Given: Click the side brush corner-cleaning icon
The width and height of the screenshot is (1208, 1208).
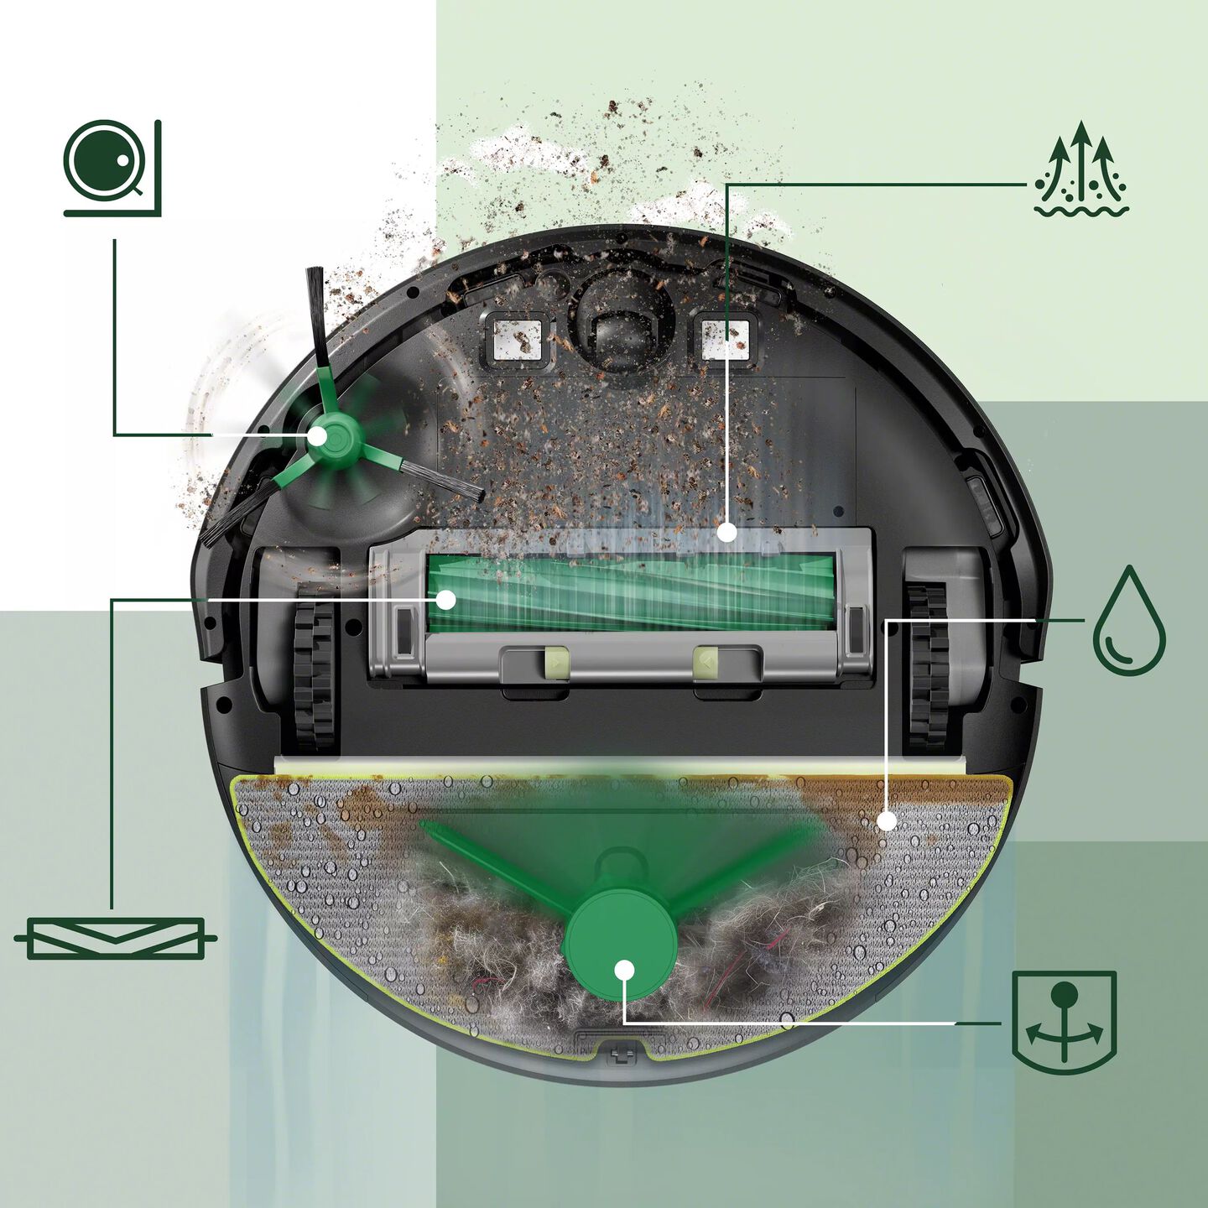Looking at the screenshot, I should (112, 168).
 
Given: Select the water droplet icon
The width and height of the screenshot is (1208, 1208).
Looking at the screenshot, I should (1129, 621).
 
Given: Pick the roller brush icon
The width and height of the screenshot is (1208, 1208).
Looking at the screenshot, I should (115, 939).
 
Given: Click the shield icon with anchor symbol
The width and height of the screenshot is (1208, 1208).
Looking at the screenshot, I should (1064, 1022).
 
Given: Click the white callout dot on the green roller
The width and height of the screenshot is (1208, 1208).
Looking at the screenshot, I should (446, 599).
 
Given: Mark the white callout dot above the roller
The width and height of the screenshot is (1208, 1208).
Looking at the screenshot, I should (727, 532).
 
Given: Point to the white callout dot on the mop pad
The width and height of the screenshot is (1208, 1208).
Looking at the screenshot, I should (887, 820).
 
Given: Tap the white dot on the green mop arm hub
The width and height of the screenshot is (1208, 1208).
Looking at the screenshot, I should (623, 970).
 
